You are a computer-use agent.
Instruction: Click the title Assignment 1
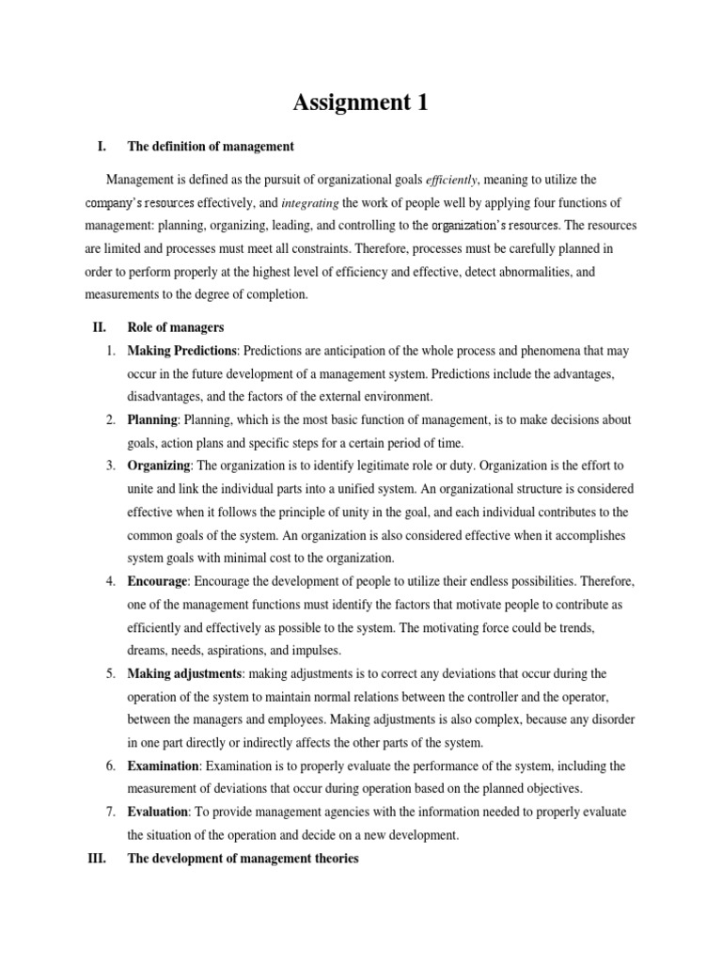click(360, 103)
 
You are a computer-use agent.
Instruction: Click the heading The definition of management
click(211, 147)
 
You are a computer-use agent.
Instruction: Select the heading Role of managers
click(175, 327)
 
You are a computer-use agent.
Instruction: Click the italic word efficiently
click(452, 180)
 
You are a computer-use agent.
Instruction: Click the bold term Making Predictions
click(183, 351)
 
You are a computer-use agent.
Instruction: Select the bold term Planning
click(152, 419)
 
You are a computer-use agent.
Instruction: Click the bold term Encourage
click(158, 580)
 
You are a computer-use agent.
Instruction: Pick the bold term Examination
click(163, 766)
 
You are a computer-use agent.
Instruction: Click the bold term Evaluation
click(159, 812)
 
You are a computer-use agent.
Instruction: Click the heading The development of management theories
click(243, 858)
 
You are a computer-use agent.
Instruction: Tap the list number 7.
click(110, 812)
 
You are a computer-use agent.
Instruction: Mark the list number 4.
click(110, 580)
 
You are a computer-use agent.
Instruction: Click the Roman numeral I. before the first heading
click(102, 147)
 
